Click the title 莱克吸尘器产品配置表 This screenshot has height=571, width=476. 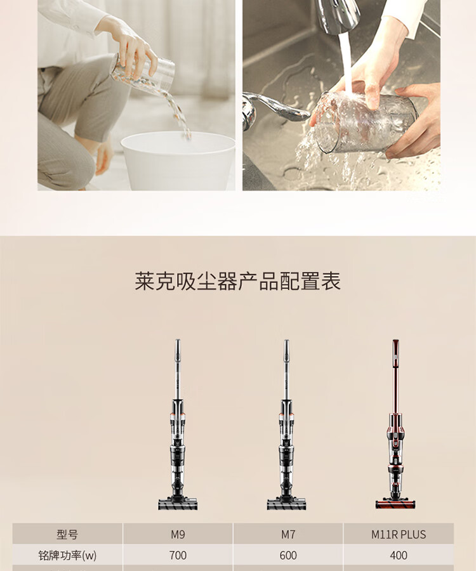click(x=238, y=281)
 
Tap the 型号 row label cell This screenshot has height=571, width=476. click(x=67, y=534)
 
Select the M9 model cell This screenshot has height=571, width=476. click(x=178, y=534)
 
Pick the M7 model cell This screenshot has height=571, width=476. click(x=288, y=534)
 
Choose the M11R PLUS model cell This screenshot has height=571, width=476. click(x=399, y=534)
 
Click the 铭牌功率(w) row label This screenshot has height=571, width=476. click(x=67, y=555)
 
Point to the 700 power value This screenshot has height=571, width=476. click(x=178, y=555)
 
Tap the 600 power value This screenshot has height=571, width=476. click(x=288, y=555)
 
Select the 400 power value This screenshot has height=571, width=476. click(x=399, y=555)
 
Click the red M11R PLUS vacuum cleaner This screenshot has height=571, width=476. click(x=395, y=424)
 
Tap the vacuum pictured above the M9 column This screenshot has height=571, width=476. click(x=178, y=424)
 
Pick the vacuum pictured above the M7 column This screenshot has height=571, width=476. click(x=287, y=424)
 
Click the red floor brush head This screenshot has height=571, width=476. click(x=395, y=504)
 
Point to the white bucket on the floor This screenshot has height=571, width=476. click(x=178, y=161)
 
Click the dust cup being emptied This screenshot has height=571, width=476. click(x=143, y=72)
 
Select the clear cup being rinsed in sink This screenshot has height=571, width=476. click(x=364, y=122)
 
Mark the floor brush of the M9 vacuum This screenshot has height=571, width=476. click(x=178, y=504)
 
